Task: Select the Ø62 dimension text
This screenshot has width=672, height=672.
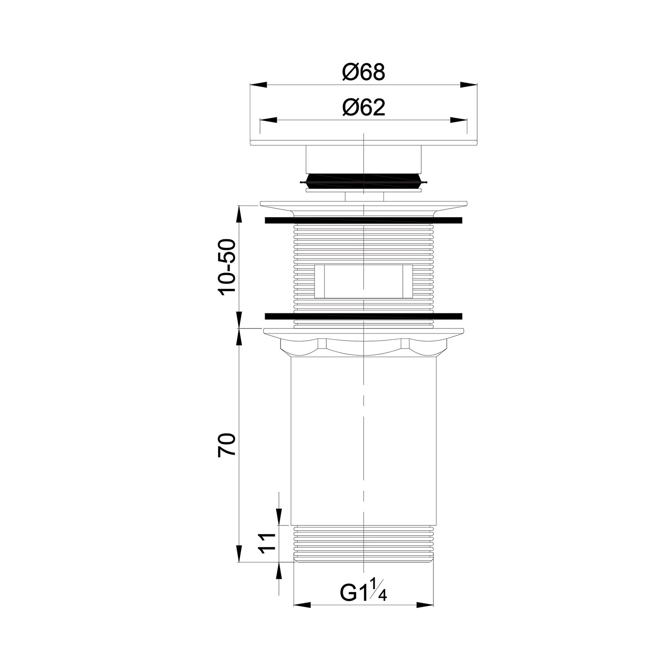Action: [364, 108]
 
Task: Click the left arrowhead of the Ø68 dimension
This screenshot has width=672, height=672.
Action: [259, 85]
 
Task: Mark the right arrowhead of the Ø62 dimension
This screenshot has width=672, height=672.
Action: [459, 120]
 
